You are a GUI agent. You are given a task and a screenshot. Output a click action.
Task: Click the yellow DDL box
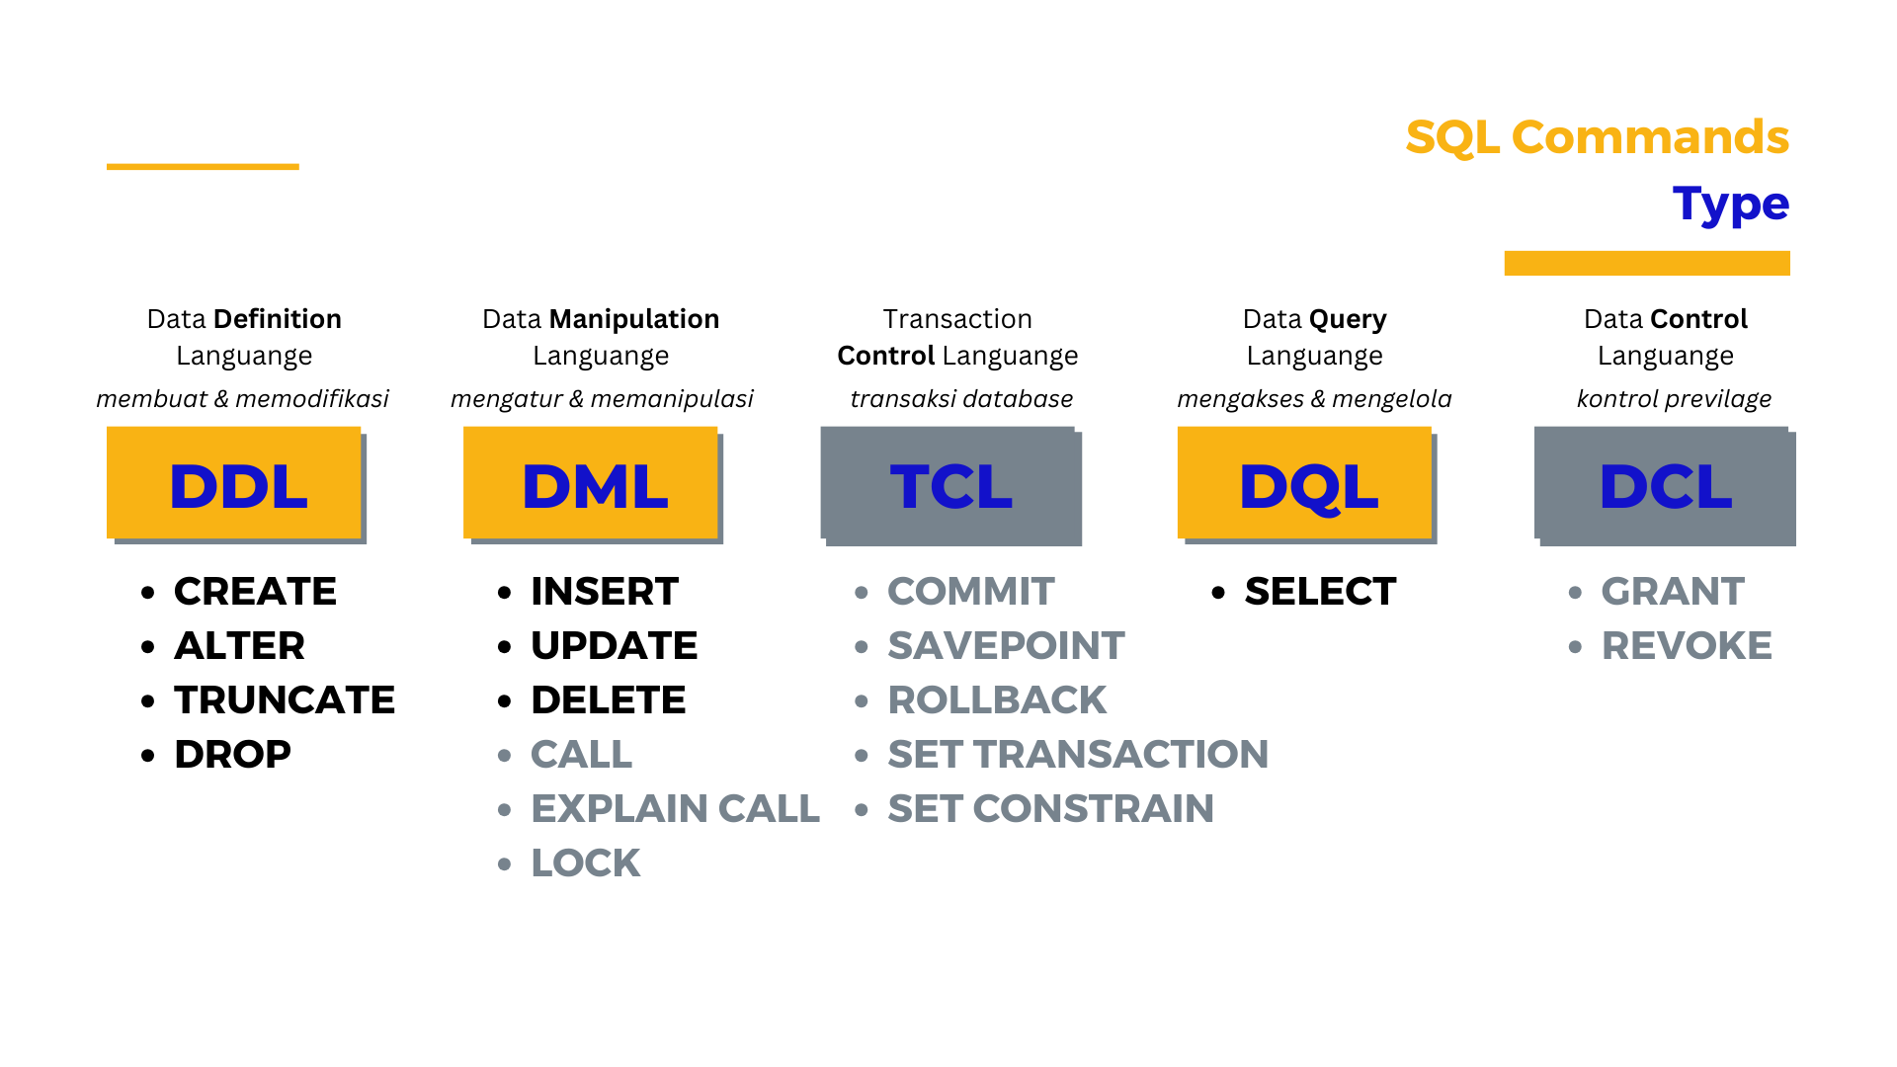[x=234, y=483]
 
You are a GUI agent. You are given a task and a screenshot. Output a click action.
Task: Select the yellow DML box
[x=591, y=483]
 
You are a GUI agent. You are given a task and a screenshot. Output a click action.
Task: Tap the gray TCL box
[x=948, y=483]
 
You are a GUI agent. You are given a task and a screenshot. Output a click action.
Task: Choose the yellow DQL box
[x=1305, y=483]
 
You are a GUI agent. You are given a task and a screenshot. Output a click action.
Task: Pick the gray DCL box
[x=1662, y=483]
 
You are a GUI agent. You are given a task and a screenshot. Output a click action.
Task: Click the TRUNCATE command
[x=285, y=700]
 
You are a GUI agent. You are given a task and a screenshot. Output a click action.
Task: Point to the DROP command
[x=232, y=755]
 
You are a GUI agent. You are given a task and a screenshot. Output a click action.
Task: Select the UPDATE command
[x=614, y=646]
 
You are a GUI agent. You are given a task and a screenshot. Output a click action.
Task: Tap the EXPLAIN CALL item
[x=675, y=809]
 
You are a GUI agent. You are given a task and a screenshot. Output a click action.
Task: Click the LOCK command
[x=585, y=863]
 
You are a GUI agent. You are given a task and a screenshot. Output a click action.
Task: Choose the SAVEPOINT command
[x=1006, y=646]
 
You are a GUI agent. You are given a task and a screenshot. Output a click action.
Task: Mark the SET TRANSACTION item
[x=1078, y=755]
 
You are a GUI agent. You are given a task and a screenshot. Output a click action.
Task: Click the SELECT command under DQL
[x=1320, y=592]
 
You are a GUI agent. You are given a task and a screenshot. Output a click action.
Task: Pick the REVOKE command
[x=1687, y=646]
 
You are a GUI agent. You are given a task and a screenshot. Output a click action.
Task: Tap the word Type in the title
[x=1731, y=205]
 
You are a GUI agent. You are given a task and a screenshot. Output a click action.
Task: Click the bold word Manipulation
[x=634, y=319]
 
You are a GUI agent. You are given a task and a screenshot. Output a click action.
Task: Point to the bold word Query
[x=1350, y=320]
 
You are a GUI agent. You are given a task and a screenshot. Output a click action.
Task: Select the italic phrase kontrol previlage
[x=1674, y=399]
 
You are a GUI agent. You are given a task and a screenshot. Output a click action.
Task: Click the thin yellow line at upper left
[x=203, y=167]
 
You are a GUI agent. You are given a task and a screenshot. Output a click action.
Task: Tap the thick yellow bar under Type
[x=1647, y=263]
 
